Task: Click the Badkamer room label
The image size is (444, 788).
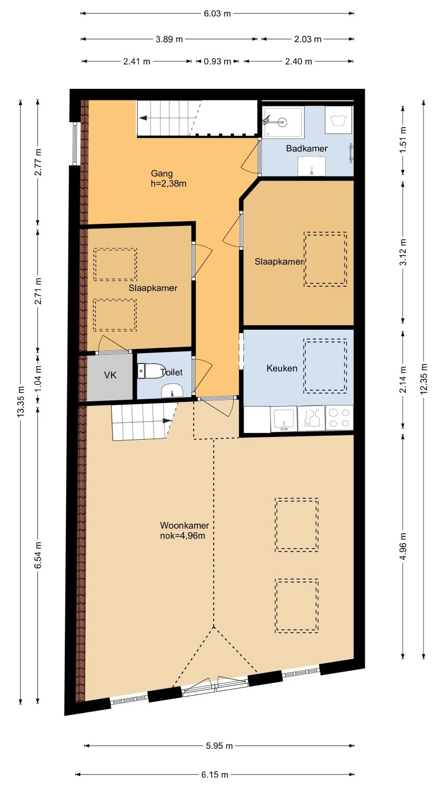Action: [307, 149]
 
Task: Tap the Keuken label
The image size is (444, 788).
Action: [282, 368]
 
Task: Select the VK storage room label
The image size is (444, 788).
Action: [110, 375]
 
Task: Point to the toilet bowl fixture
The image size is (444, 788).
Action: [151, 370]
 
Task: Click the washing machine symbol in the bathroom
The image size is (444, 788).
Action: [338, 120]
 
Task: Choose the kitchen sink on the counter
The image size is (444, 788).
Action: [284, 419]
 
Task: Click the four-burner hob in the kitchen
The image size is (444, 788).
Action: [339, 418]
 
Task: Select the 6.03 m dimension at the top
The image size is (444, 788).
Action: [217, 13]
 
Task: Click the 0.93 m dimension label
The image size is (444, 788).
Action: [217, 61]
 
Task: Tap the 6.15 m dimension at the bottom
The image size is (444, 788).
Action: [215, 774]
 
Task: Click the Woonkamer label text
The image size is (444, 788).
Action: [185, 525]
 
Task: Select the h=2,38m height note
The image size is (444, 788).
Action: [168, 183]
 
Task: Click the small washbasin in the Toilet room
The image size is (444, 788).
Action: [172, 391]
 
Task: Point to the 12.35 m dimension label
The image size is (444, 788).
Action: [423, 379]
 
